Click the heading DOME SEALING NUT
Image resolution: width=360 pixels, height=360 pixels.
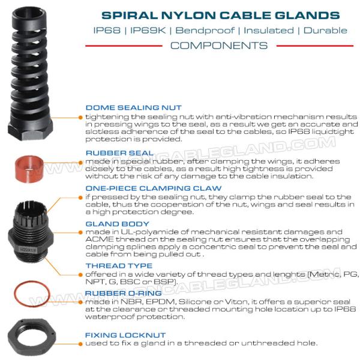[x=133, y=107]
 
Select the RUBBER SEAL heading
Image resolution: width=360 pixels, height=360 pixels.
[x=119, y=153]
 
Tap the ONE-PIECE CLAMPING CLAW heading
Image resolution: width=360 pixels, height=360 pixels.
[x=154, y=188]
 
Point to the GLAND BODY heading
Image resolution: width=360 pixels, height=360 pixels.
[x=118, y=224]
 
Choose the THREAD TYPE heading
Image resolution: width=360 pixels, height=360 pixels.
[x=119, y=266]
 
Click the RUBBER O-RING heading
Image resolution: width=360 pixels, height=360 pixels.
[x=123, y=293]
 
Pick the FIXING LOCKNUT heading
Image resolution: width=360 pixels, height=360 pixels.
[x=125, y=335]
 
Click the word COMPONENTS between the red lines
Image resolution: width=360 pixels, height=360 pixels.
[x=219, y=46]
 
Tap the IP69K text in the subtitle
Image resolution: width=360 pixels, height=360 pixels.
[x=148, y=31]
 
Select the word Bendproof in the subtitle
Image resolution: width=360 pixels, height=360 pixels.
[x=205, y=31]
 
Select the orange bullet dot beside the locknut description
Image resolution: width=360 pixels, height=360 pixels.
[x=80, y=344]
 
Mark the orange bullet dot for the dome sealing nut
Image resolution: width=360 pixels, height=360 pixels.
[x=80, y=118]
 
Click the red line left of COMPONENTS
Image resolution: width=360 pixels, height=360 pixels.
[x=124, y=46]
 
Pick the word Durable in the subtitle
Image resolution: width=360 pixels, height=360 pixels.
[x=325, y=31]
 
